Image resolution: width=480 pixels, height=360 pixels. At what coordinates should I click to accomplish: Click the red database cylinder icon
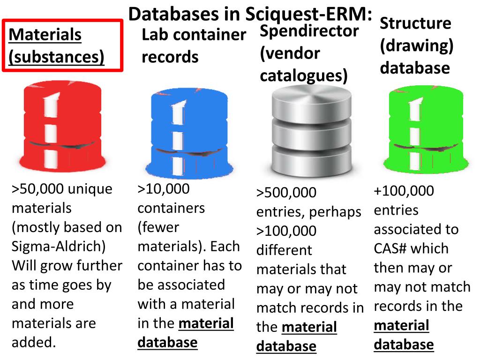tap(62, 129)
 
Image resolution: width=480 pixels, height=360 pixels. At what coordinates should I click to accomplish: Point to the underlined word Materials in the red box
tap(45, 35)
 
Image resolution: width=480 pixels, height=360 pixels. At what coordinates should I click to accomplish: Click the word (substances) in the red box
tap(56, 57)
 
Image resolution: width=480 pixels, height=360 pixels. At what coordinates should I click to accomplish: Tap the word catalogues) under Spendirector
tap(304, 75)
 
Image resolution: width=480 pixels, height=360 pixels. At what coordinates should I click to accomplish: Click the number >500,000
tap(286, 193)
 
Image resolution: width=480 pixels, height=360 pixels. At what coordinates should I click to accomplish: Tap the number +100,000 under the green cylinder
tap(404, 191)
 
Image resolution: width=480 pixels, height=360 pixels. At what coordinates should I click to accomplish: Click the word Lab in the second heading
tap(154, 35)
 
